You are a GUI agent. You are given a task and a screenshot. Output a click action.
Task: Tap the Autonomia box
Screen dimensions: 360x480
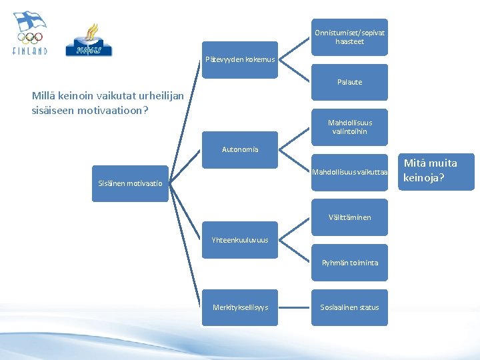[x=239, y=149]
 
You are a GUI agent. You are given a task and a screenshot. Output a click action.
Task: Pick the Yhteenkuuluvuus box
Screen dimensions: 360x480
[x=239, y=240]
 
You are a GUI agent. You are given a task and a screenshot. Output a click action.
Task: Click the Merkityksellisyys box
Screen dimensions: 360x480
[x=239, y=307]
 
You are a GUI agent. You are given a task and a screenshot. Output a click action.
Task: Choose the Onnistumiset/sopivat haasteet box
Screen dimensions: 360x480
[x=349, y=37]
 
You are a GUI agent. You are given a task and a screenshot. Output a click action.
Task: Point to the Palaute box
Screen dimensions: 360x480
[x=349, y=82]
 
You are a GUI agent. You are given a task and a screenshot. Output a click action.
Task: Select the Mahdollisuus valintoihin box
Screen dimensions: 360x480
[x=349, y=127]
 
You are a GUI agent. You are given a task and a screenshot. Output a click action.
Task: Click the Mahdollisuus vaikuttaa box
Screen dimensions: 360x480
[x=349, y=172]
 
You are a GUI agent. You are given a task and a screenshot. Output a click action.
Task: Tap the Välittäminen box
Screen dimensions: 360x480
[x=349, y=217]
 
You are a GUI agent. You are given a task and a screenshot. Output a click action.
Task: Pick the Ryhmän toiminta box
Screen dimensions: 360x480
[x=349, y=263]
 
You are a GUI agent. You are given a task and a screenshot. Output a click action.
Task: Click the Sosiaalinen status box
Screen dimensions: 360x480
[x=349, y=307]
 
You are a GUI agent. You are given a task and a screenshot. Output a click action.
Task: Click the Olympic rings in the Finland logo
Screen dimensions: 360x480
[x=30, y=38]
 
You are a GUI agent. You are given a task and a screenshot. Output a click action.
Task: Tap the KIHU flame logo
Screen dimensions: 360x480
[x=89, y=39]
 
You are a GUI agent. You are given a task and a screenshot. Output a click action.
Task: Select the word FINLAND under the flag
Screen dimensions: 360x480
[x=30, y=51]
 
